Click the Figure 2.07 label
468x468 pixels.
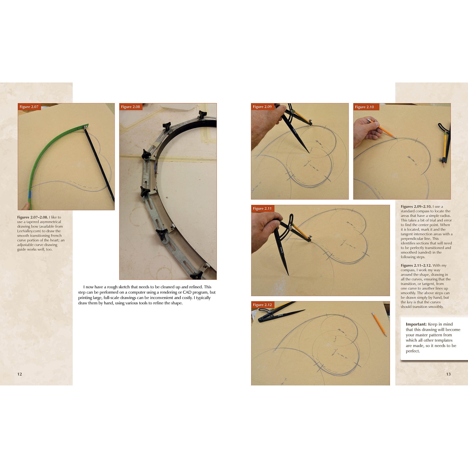point(29,107)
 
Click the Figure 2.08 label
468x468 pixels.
point(131,107)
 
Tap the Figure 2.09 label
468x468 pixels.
point(262,107)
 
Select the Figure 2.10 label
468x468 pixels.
point(364,107)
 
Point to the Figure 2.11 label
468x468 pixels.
point(262,209)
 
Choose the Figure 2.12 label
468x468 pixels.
point(262,305)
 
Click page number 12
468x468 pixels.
point(19,374)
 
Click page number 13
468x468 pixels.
point(448,374)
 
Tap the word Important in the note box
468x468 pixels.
point(416,324)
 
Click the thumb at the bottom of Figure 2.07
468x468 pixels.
point(25,206)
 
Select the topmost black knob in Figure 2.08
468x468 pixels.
point(203,114)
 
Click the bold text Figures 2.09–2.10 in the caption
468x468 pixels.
point(416,207)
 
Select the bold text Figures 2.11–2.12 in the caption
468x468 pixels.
point(416,265)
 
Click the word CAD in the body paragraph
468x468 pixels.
point(187,292)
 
